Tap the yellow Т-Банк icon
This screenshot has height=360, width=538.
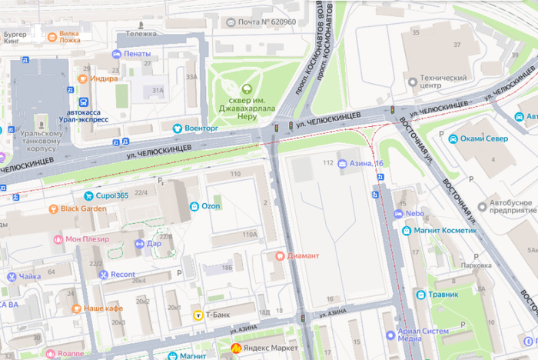(198, 315)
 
